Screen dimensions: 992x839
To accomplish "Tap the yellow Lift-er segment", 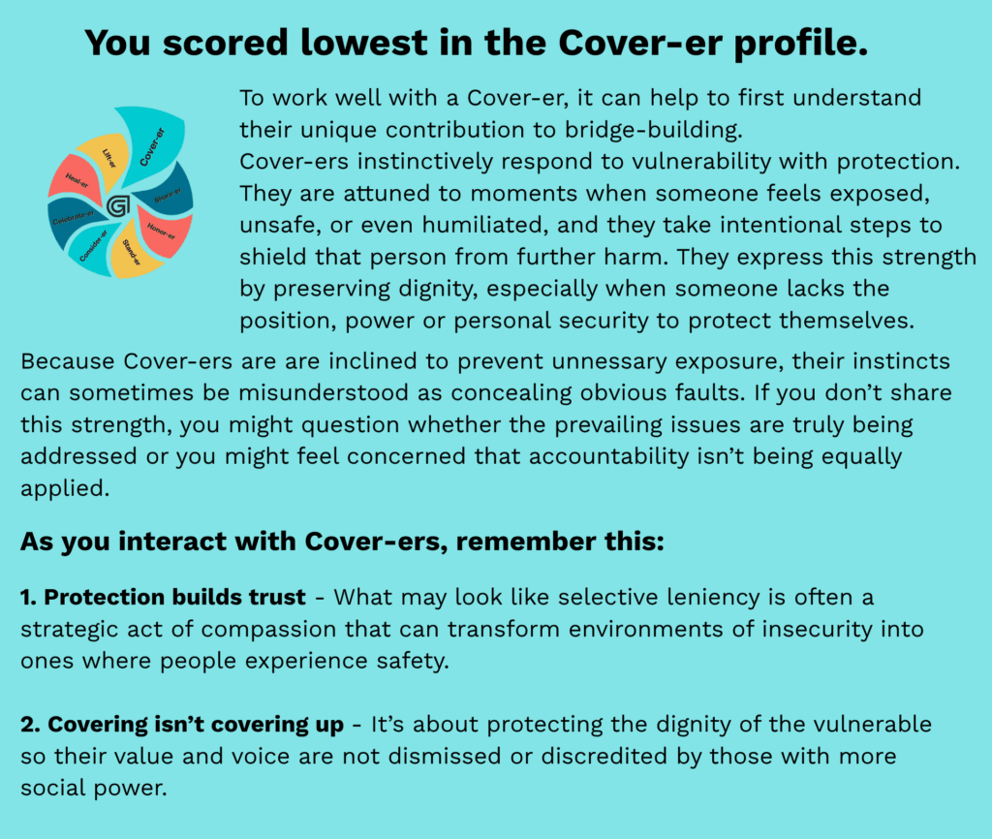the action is tap(106, 158).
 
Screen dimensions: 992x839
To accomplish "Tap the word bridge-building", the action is tap(653, 130).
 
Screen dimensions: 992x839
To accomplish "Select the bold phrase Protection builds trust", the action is tap(163, 598).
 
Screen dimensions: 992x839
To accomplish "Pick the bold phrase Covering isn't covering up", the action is tap(182, 725).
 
